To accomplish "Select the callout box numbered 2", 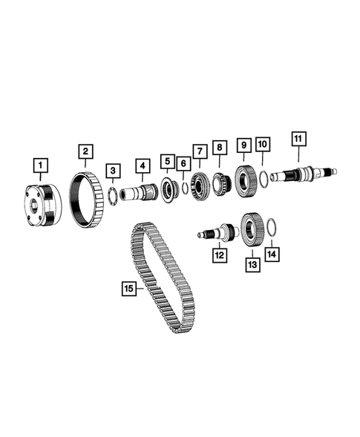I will point(85,152).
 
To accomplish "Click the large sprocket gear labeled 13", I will point(252,226).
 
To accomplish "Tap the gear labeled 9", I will point(244,179).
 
